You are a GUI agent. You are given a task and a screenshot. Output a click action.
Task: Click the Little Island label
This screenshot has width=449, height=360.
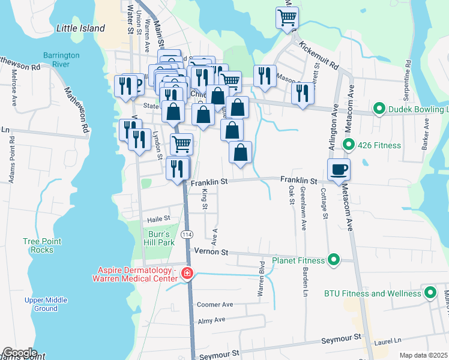pos(80,28)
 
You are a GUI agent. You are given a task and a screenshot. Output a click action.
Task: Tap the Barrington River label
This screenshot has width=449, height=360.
pos(61,60)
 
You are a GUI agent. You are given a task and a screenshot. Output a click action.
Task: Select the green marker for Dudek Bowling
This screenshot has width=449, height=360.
pos(379,109)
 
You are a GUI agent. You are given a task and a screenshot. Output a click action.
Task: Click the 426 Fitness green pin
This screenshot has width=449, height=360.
pos(348,144)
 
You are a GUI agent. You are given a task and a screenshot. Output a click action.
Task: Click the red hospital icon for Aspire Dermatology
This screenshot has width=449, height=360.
pos(187,274)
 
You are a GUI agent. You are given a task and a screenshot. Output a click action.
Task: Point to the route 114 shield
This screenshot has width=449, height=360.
pos(188,234)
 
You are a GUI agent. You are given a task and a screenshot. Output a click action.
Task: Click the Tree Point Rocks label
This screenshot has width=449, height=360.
pos(42,245)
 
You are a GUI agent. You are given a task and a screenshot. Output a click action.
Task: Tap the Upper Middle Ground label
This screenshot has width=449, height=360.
pos(46,304)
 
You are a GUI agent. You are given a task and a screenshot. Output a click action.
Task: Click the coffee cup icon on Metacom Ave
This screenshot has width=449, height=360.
pos(339,169)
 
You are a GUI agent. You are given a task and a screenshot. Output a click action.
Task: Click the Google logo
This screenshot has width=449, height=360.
pos(19,353)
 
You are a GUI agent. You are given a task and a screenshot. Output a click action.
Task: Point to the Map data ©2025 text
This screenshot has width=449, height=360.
pos(423,355)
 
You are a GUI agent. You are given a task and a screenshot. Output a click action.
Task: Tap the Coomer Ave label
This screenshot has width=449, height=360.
pos(215,304)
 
